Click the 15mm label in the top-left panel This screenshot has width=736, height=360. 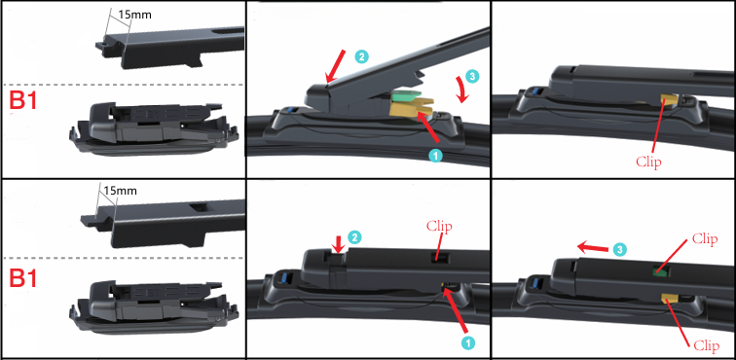(x=133, y=14)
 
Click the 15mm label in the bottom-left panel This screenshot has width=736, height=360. (x=121, y=191)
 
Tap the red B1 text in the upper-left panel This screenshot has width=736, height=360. (x=23, y=101)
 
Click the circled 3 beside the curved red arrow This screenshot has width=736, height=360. (x=473, y=77)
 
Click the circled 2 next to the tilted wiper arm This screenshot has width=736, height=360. (x=361, y=57)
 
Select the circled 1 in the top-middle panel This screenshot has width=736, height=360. (x=435, y=157)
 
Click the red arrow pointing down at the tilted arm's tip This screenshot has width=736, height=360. (x=337, y=66)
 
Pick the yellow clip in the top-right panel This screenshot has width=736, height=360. (x=669, y=99)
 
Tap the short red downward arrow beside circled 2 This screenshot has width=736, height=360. (x=337, y=243)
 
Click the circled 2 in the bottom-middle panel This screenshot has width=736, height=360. (x=354, y=237)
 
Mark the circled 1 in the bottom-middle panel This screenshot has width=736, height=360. (x=467, y=342)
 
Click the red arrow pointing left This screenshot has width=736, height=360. (x=593, y=246)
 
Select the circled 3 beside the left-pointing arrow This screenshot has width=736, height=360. (x=620, y=250)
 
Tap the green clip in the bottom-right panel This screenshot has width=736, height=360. (x=660, y=270)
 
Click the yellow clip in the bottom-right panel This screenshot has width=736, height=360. (x=670, y=298)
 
